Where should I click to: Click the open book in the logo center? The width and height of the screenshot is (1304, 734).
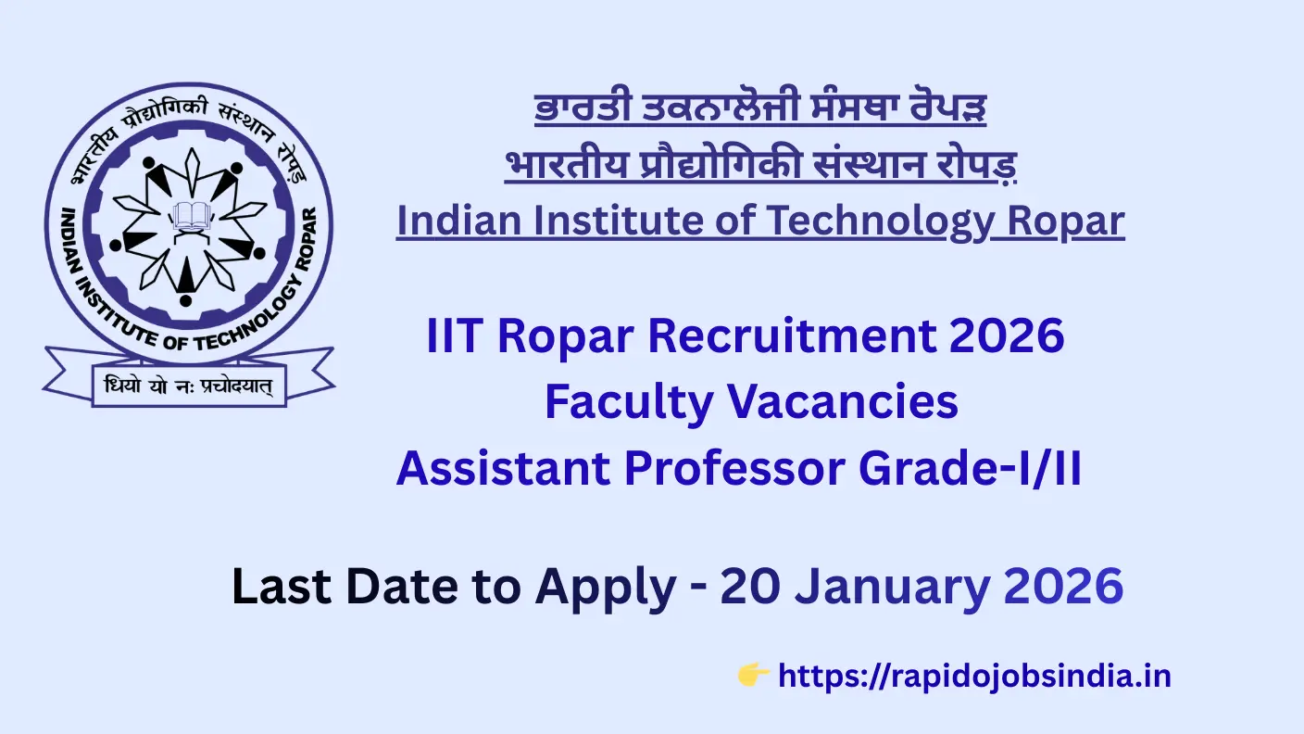click(189, 216)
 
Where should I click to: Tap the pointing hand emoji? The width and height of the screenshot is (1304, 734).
click(753, 675)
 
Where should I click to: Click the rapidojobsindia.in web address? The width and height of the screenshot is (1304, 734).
click(974, 677)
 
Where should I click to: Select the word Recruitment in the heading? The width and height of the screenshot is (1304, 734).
click(793, 335)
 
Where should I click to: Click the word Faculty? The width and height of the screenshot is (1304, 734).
click(629, 402)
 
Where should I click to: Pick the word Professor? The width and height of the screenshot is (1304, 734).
click(734, 468)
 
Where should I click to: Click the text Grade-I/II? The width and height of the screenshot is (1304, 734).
click(971, 468)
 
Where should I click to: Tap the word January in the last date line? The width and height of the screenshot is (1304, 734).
click(893, 587)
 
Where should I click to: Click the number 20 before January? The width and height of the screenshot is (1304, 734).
click(750, 586)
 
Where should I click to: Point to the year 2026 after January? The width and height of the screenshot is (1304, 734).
click(1063, 586)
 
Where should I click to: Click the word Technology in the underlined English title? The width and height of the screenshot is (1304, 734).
click(879, 221)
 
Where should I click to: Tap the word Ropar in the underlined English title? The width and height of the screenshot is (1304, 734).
click(1066, 222)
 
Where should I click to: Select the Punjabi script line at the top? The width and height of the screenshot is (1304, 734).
click(760, 108)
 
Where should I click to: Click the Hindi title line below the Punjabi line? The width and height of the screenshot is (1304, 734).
click(760, 165)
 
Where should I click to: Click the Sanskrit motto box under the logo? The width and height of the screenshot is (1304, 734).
click(189, 386)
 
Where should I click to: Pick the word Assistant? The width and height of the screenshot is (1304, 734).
click(504, 468)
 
